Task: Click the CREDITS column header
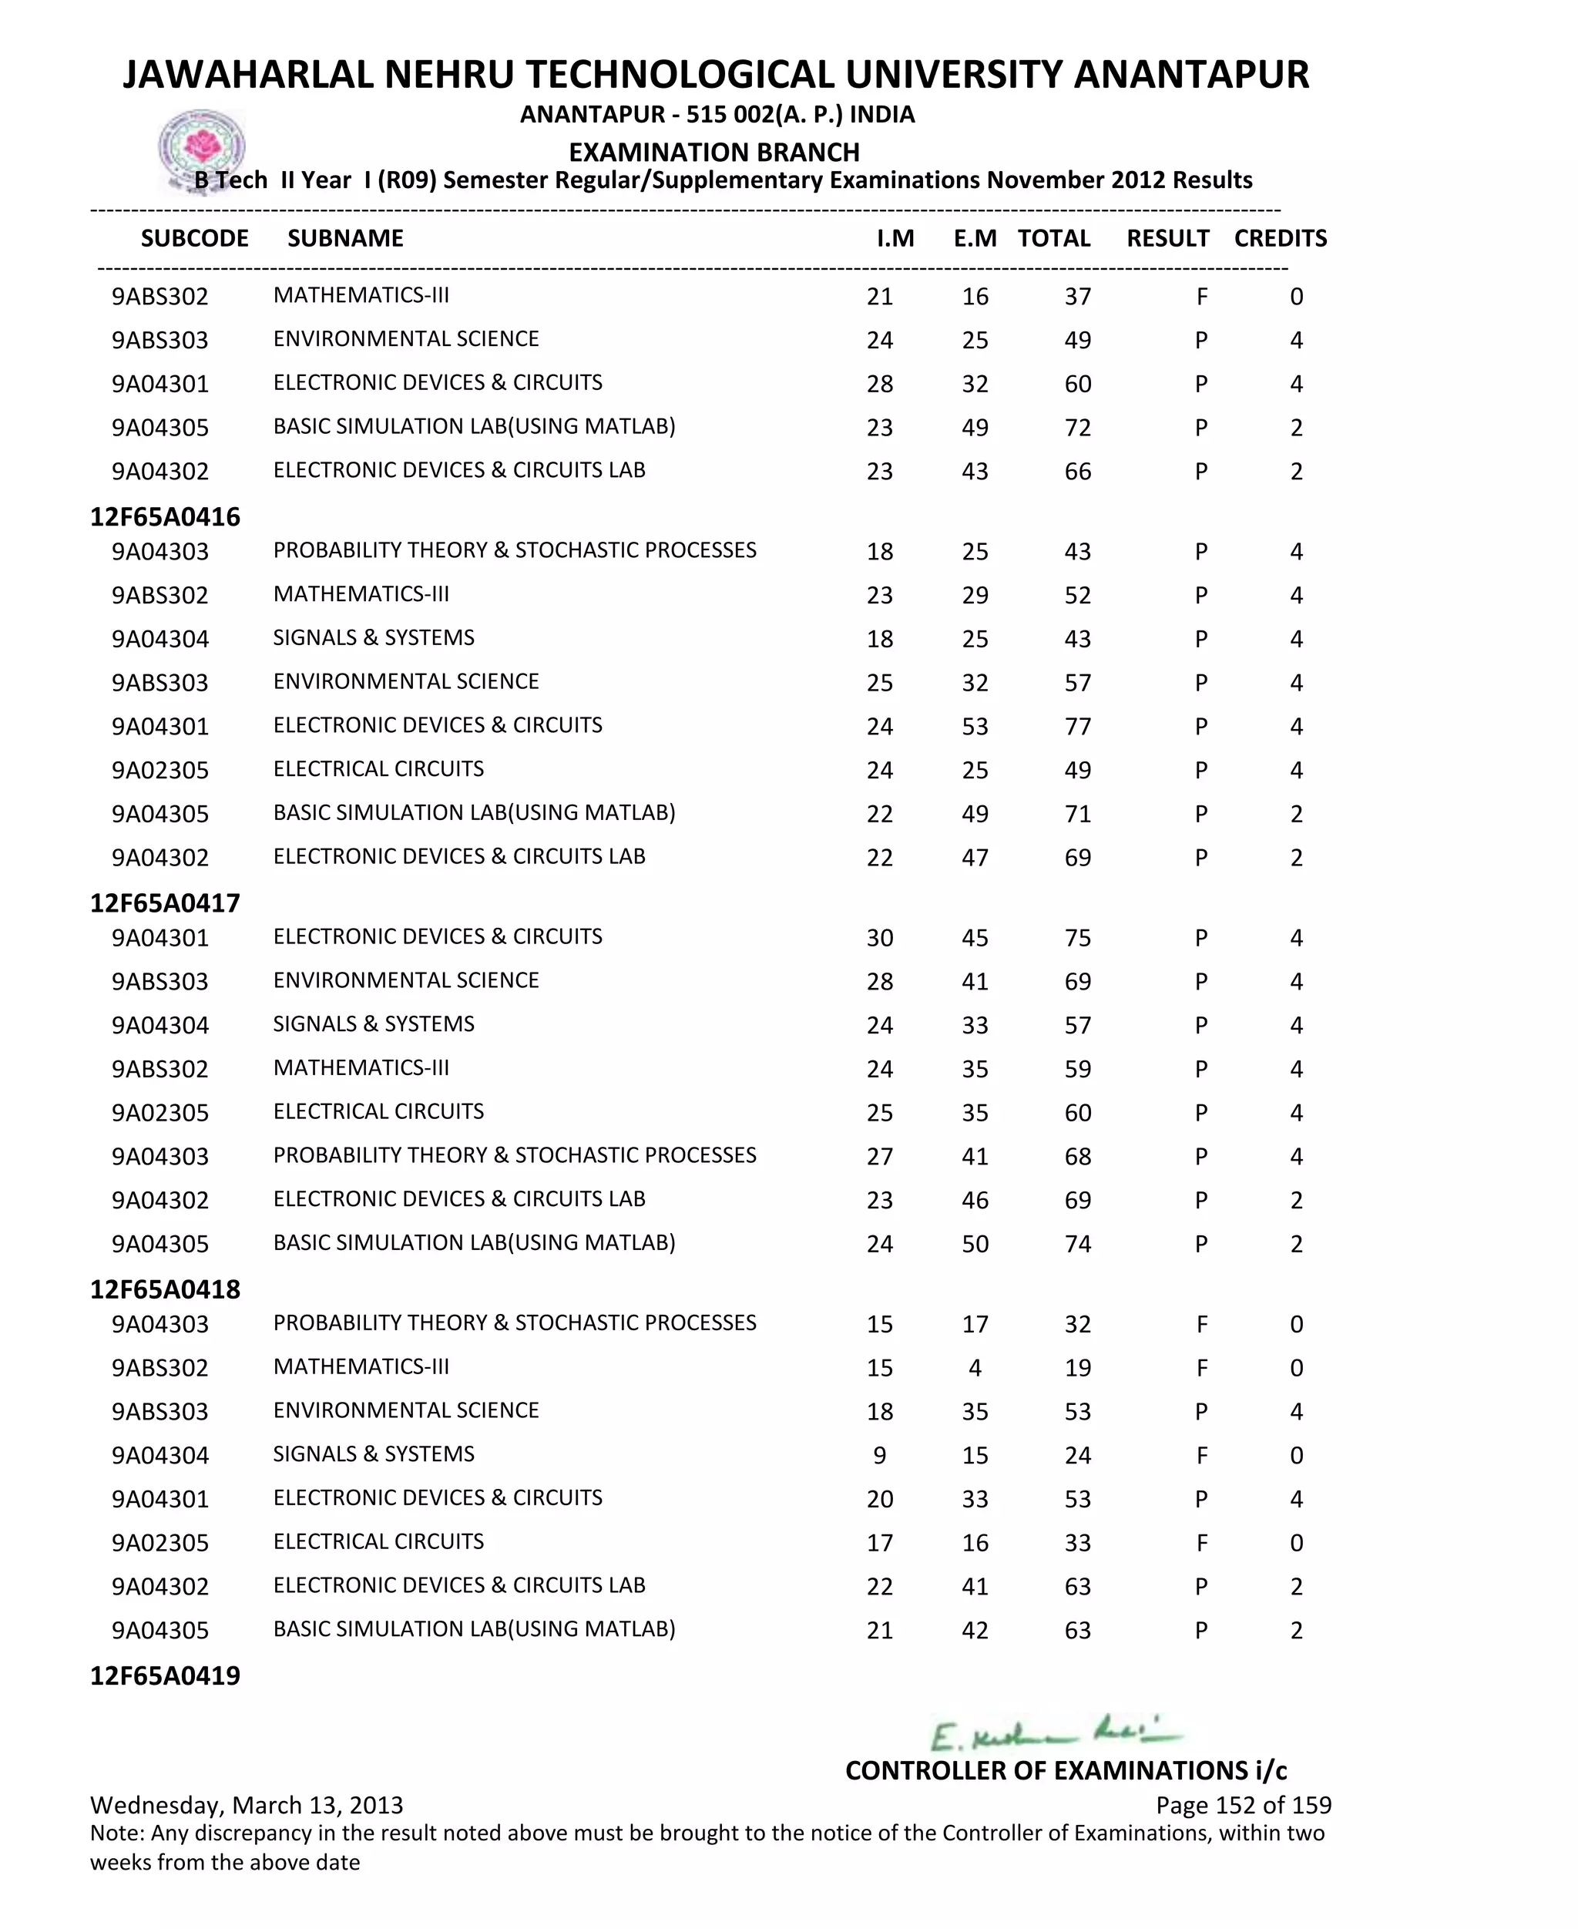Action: pos(1280,238)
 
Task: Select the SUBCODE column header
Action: pos(194,238)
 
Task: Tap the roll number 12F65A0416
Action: pos(166,517)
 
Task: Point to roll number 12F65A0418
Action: pos(166,1289)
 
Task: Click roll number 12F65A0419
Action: pos(166,1675)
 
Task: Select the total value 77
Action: pos(1077,726)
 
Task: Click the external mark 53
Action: pos(975,726)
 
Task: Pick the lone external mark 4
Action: pos(975,1368)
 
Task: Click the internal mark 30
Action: pos(879,937)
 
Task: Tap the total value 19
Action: pos(1077,1368)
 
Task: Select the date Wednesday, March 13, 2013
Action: pos(247,1804)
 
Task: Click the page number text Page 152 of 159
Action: pos(1243,1804)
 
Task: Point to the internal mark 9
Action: pos(879,1455)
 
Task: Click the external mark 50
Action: pos(975,1244)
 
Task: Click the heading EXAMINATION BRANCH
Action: pos(713,152)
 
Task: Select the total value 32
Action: pos(1077,1325)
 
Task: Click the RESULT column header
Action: pos(1167,238)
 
